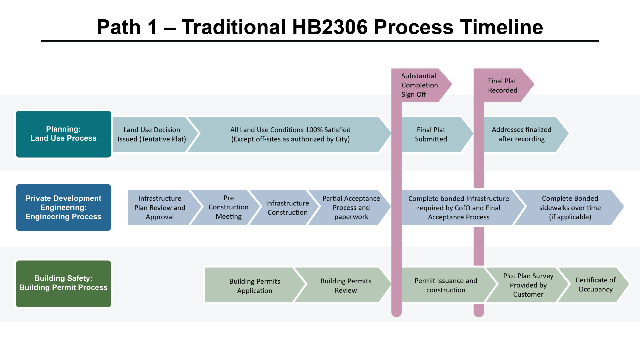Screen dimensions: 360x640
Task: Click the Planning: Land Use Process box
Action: pyautogui.click(x=63, y=134)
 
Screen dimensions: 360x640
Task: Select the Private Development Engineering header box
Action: pyautogui.click(x=63, y=207)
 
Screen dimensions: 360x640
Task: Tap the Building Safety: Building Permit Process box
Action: pyautogui.click(x=63, y=283)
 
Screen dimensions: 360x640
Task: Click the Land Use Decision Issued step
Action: pyautogui.click(x=152, y=134)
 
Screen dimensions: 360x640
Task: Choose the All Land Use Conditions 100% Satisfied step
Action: pyautogui.click(x=290, y=134)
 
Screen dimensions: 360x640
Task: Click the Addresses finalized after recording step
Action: pyautogui.click(x=522, y=134)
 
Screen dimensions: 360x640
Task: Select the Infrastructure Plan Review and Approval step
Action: pyautogui.click(x=160, y=207)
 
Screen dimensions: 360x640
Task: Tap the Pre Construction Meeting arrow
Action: pyautogui.click(x=229, y=207)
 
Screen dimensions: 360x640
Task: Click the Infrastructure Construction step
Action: pyautogui.click(x=287, y=208)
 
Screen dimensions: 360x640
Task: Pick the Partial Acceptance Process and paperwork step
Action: pyautogui.click(x=351, y=207)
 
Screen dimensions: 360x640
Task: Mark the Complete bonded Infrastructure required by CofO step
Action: pyautogui.click(x=458, y=208)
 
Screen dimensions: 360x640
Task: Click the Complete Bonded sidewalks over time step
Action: pyautogui.click(x=570, y=207)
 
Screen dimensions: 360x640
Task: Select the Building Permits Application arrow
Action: pyautogui.click(x=255, y=286)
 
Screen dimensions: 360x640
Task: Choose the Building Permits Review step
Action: pyautogui.click(x=346, y=285)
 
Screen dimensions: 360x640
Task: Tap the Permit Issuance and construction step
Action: pyautogui.click(x=446, y=285)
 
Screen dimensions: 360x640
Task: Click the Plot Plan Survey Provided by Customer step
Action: pyautogui.click(x=528, y=285)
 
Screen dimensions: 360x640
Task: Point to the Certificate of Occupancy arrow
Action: pyautogui.click(x=595, y=285)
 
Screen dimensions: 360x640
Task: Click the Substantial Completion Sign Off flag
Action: pyautogui.click(x=420, y=85)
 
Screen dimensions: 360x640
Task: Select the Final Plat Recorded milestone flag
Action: pyautogui.click(x=502, y=85)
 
